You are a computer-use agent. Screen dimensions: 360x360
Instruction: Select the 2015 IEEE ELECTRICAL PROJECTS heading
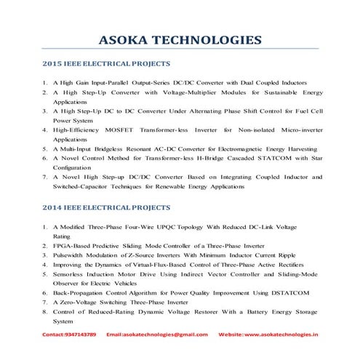click(105, 64)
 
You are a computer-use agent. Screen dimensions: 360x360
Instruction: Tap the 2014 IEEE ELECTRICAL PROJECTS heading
click(105, 208)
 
